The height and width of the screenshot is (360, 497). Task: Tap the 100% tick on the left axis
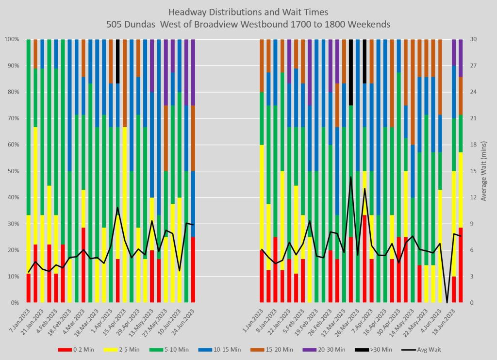(12, 39)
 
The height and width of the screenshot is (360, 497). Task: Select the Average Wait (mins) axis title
(483, 171)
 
